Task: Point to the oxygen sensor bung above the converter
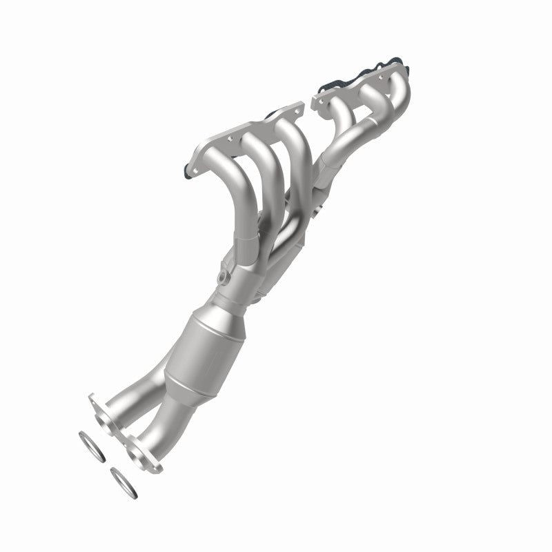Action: tap(221, 278)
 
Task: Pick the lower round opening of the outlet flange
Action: tap(140, 453)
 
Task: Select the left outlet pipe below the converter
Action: tap(138, 393)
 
